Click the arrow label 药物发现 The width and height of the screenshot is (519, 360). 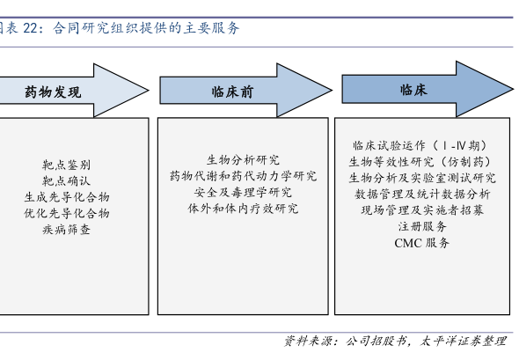click(x=53, y=92)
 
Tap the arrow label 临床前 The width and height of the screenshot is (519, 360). click(x=232, y=92)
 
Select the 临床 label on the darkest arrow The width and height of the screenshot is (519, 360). click(x=413, y=90)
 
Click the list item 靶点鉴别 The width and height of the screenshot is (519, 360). click(x=66, y=165)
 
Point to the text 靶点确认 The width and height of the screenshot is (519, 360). click(x=66, y=180)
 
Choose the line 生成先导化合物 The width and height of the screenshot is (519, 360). click(x=67, y=197)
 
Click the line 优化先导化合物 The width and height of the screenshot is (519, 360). click(x=67, y=213)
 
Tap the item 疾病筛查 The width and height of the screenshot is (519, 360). click(x=66, y=229)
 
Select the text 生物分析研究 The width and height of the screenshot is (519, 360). click(x=244, y=160)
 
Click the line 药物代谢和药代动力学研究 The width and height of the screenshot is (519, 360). click(x=244, y=176)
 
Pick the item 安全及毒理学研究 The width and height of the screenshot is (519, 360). click(x=244, y=192)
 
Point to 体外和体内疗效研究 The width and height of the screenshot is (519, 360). click(x=244, y=209)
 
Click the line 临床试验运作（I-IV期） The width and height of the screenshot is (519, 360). click(x=420, y=145)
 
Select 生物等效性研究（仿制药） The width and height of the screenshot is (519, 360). click(x=420, y=162)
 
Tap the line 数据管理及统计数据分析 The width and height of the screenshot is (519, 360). click(x=422, y=194)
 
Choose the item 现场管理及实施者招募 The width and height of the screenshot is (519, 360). click(x=422, y=210)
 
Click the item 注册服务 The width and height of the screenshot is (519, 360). click(x=422, y=226)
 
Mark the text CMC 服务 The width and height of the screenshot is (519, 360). click(x=422, y=243)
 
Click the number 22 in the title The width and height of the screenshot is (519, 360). click(x=31, y=28)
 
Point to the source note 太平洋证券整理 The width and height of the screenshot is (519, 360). click(x=463, y=341)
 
